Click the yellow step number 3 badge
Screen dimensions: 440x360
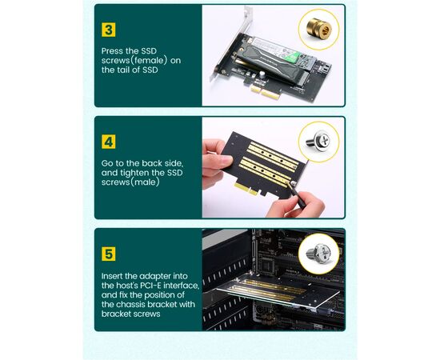click(x=108, y=30)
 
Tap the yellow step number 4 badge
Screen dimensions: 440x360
click(x=108, y=142)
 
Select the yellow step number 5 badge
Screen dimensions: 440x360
click(x=108, y=254)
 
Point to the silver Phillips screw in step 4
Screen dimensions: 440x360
click(x=318, y=140)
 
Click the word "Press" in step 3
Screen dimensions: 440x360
click(x=112, y=51)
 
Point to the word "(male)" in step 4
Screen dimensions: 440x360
click(x=146, y=182)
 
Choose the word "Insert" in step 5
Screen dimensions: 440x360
click(x=112, y=276)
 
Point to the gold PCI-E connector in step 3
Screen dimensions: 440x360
click(x=262, y=92)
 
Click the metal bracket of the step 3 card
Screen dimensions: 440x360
click(x=230, y=45)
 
